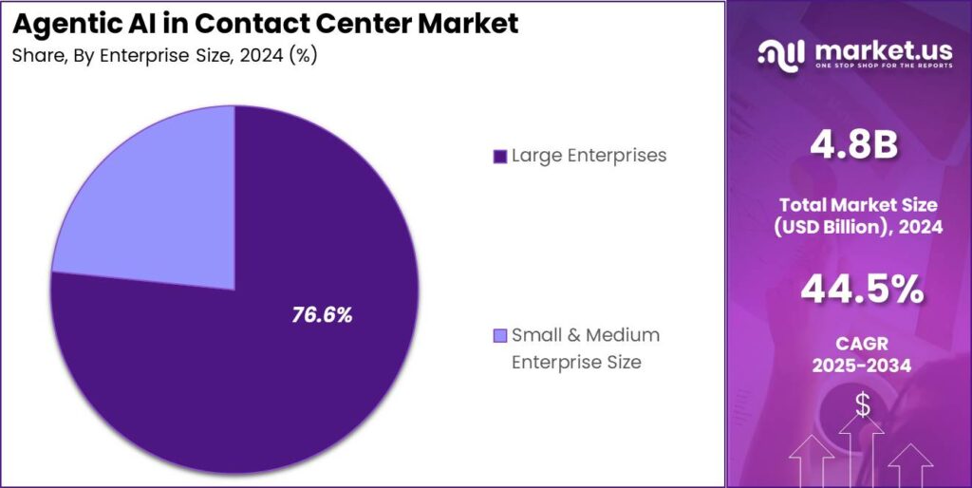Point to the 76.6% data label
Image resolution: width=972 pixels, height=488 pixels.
pyautogui.click(x=322, y=315)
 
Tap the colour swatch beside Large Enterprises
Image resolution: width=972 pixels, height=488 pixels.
pyautogui.click(x=499, y=156)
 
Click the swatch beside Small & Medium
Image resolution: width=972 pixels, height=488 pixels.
pyautogui.click(x=499, y=336)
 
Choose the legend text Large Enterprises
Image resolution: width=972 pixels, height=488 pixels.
pyautogui.click(x=589, y=155)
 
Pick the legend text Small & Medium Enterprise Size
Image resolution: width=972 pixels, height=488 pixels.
pyautogui.click(x=585, y=348)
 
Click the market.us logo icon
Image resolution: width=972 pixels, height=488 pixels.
pyautogui.click(x=780, y=53)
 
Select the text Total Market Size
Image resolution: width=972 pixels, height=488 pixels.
pyautogui.click(x=858, y=204)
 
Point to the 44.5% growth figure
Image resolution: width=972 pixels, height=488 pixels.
pyautogui.click(x=861, y=290)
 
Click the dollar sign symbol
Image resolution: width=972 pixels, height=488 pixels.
pyautogui.click(x=862, y=405)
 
